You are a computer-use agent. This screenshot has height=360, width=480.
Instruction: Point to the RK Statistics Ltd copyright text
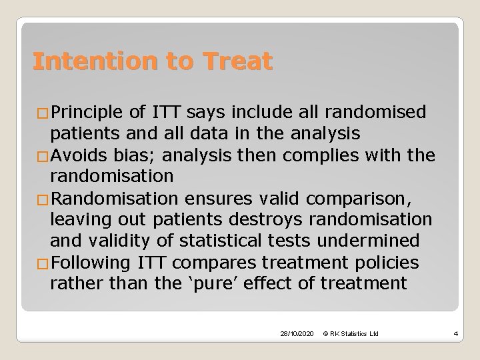tap(351, 333)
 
